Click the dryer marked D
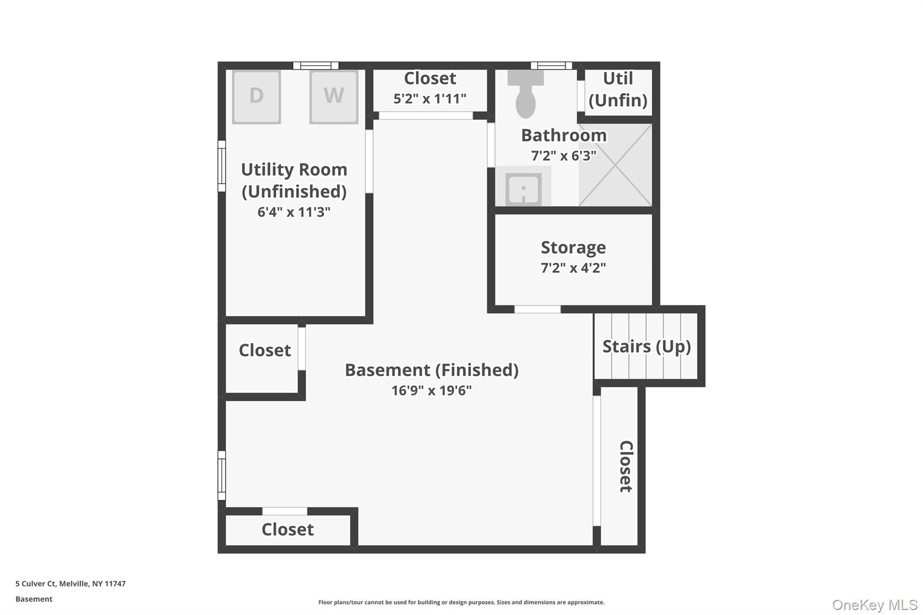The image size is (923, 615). pos(256,96)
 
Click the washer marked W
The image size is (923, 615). pos(334,96)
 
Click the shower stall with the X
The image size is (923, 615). pos(615,165)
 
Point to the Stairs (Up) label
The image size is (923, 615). pos(646,346)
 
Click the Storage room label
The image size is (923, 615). pos(573,247)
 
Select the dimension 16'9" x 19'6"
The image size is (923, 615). pos(431,390)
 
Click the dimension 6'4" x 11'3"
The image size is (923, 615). pos(294,212)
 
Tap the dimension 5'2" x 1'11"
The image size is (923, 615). pos(430,99)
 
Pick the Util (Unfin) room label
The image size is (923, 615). pos(618,89)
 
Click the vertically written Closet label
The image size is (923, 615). pos(626,466)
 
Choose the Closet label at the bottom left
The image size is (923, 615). pos(288,529)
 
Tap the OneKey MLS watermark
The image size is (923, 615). pos(875,605)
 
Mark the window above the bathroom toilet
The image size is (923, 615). pos(551,66)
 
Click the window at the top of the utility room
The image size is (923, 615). pos(315,66)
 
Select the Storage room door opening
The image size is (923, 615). pos(537,309)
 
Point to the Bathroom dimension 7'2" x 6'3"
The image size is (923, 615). pos(564,156)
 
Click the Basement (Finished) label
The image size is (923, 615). pos(431,370)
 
